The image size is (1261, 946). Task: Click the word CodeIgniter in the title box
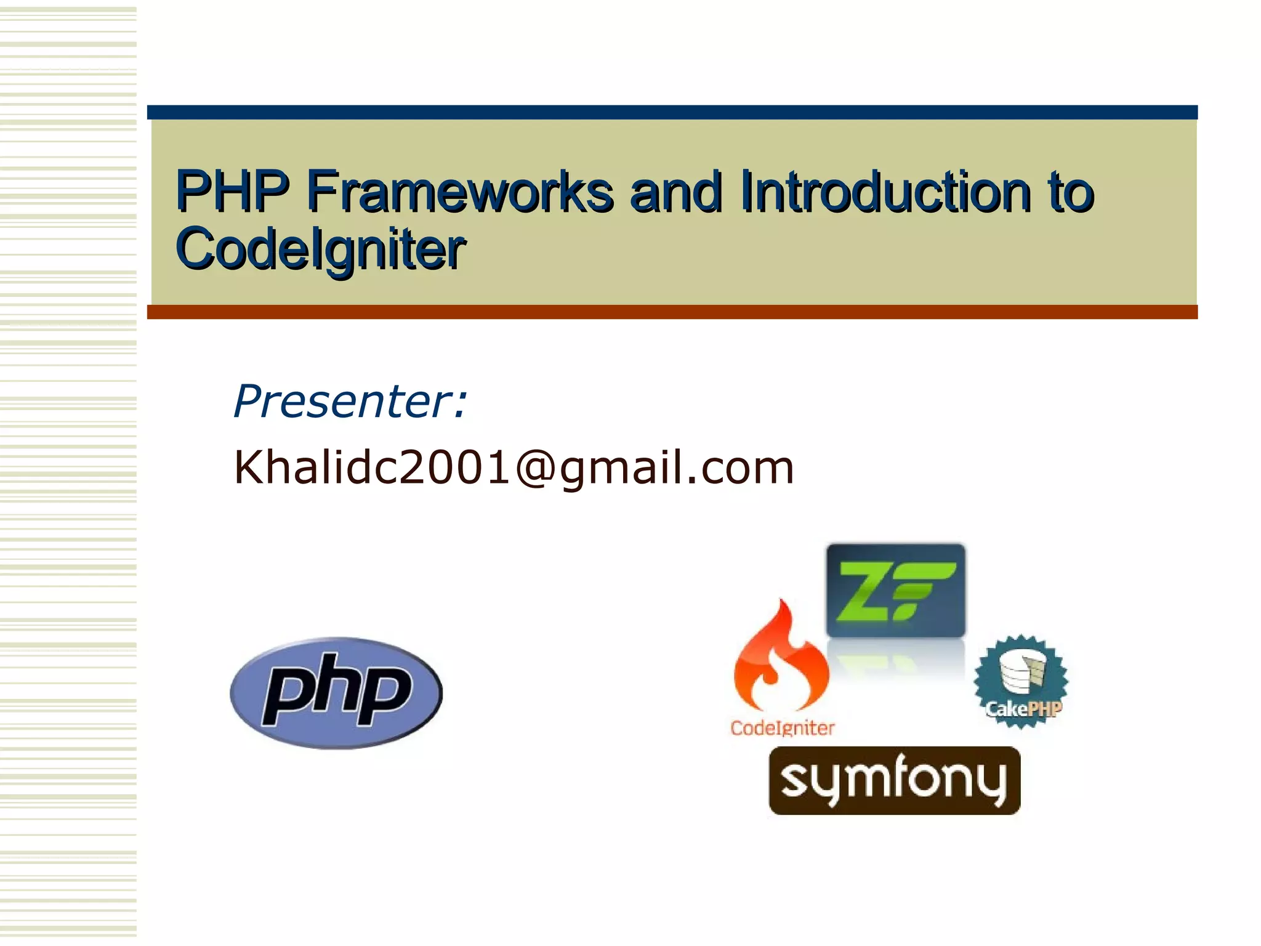(x=320, y=248)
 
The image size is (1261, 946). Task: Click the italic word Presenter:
(x=350, y=402)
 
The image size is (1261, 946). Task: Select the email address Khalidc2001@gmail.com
(x=514, y=467)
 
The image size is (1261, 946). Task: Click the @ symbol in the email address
(x=536, y=467)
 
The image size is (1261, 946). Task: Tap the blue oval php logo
(x=336, y=693)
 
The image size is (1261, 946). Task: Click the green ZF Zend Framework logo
(x=896, y=590)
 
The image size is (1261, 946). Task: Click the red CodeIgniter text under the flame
(x=782, y=728)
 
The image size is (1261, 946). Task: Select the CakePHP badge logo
(x=1021, y=682)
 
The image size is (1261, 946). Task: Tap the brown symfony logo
(x=894, y=780)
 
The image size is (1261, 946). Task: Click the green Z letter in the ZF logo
(x=863, y=590)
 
